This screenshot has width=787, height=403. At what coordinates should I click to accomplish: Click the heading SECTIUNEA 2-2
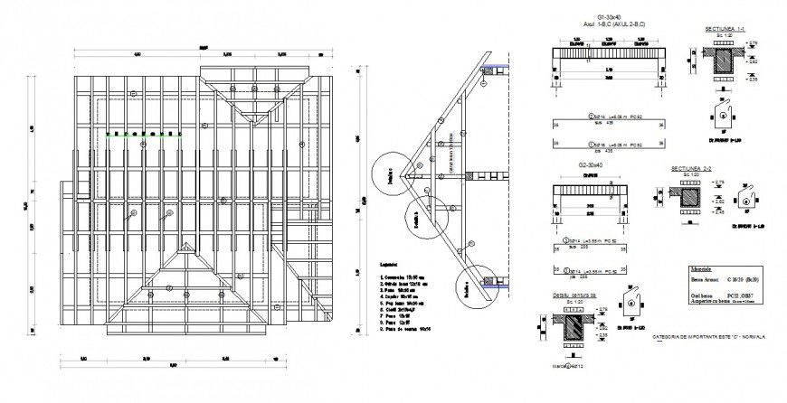click(690, 169)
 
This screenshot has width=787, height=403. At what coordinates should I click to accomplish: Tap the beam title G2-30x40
click(592, 165)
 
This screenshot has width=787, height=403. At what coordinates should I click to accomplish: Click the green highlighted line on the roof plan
click(142, 136)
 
